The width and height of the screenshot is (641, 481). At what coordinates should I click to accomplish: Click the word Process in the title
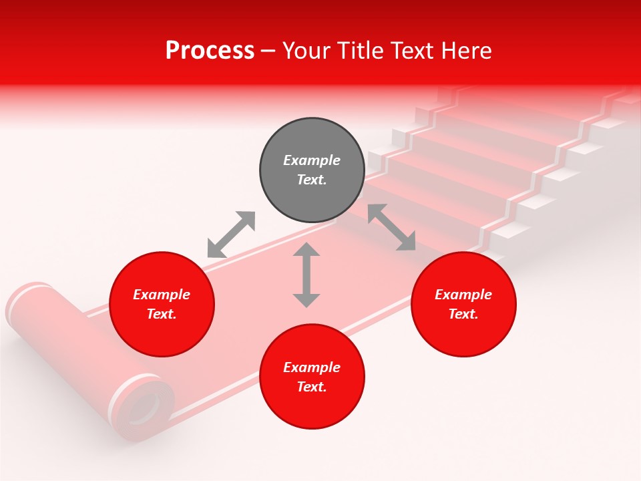(x=210, y=51)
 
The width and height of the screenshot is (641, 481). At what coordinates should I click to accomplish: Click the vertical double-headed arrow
(x=306, y=275)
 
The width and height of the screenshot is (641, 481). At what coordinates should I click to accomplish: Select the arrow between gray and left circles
(x=231, y=234)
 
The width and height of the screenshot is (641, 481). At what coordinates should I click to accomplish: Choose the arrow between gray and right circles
(x=391, y=227)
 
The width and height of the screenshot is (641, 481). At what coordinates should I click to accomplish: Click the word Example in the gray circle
(x=311, y=160)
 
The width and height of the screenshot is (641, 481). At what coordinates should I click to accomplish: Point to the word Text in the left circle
(x=161, y=314)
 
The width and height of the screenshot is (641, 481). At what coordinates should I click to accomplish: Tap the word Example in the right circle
(x=463, y=295)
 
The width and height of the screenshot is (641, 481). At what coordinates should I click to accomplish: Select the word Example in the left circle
(x=162, y=295)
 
